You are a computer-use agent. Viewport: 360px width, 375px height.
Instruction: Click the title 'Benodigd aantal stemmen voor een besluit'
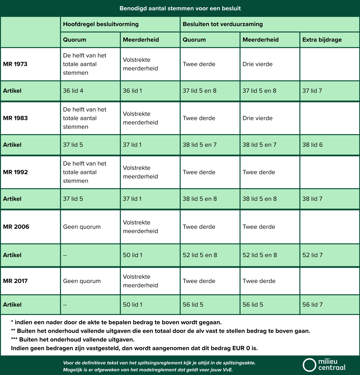(x=180, y=8)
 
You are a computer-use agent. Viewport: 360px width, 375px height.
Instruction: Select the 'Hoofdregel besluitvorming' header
(x=101, y=24)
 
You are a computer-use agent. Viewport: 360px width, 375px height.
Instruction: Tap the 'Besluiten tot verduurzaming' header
(x=222, y=24)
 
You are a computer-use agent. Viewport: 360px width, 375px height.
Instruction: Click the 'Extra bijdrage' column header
(x=322, y=40)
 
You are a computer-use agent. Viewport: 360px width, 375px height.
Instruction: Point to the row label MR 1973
(x=15, y=64)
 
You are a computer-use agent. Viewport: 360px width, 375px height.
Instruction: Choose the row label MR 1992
(x=15, y=172)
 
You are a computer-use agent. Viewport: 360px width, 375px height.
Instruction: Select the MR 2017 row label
(x=15, y=281)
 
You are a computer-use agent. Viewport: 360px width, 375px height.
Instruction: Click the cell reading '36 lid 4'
(x=73, y=91)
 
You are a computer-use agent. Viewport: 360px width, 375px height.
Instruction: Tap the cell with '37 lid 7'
(x=312, y=91)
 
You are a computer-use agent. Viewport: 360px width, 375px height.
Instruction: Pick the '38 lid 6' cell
(x=312, y=145)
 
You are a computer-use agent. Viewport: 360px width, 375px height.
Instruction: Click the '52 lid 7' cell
(x=312, y=255)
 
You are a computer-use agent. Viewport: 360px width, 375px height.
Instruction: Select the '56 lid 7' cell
(x=312, y=305)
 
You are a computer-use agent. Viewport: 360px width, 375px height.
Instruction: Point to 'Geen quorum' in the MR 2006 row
(x=82, y=227)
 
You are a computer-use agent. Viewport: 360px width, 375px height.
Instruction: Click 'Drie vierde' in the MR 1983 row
(x=257, y=118)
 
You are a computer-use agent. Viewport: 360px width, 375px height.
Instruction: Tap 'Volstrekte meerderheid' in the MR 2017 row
(x=140, y=281)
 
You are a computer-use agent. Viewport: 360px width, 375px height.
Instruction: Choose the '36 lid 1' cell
(x=132, y=91)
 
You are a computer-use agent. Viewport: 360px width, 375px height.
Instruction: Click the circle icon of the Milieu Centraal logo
(x=309, y=365)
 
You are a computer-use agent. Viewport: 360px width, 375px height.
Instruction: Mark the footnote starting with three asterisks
(x=73, y=340)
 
